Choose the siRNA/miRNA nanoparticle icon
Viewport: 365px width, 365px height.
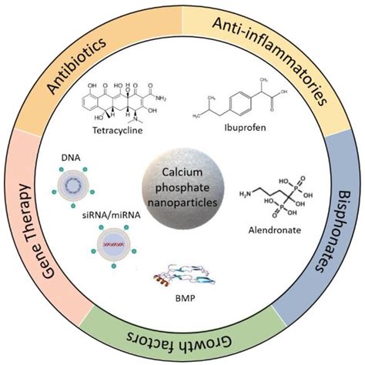pyautogui.click(x=105, y=246)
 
